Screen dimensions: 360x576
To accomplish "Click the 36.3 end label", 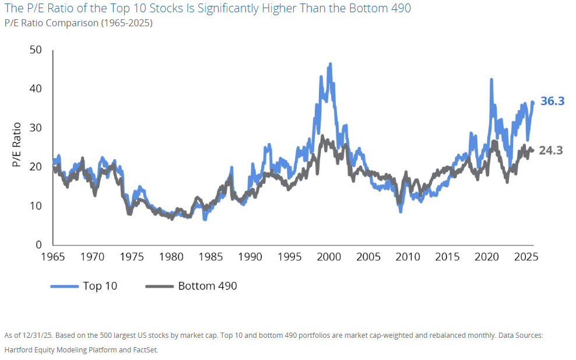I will coord(552,101).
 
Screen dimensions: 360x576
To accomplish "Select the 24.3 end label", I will coord(551,151).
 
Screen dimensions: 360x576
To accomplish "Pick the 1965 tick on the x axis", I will coord(53,257).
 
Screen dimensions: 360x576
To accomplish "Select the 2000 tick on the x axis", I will coord(329,257).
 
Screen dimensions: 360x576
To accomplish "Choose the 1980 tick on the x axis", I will coord(171,257).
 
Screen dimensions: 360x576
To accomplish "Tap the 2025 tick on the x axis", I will coord(526,257).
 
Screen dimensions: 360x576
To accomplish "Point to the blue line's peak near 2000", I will coord(331,64).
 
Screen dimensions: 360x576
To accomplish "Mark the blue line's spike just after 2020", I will coord(491,79).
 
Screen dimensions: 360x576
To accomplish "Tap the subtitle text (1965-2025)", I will coord(127,23).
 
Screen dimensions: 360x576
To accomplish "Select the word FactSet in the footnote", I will coord(144,350).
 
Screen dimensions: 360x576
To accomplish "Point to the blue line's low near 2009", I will coord(401,211).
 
